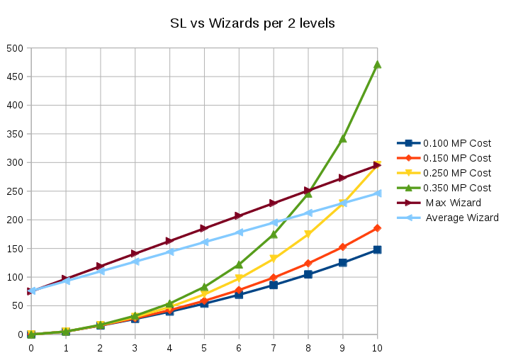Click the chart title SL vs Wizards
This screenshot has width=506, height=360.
tap(252, 23)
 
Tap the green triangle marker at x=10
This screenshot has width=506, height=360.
tap(377, 64)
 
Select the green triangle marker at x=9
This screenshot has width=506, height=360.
tap(343, 138)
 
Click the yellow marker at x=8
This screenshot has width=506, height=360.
tap(308, 234)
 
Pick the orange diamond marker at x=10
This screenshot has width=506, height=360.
tap(377, 228)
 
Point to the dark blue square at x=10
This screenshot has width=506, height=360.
tap(377, 249)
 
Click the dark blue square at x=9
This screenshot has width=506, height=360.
tap(343, 263)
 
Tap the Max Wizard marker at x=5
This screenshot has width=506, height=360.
tap(204, 228)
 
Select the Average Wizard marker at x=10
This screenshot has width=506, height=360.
tap(377, 193)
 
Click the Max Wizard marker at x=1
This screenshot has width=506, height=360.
tap(66, 279)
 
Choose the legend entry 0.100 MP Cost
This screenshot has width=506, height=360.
tap(456, 143)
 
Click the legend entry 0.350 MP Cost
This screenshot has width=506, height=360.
tap(456, 188)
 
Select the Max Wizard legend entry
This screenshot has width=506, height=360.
tap(453, 203)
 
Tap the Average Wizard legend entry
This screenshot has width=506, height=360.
tap(461, 218)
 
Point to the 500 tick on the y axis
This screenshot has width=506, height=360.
tap(15, 48)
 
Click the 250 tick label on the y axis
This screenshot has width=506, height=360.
tap(15, 191)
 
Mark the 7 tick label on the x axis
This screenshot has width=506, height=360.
tap(274, 347)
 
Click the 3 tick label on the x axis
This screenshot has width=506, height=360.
tap(135, 347)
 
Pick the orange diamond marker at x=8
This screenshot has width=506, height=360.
tap(308, 263)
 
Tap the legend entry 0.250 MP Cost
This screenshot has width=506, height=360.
tap(456, 173)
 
